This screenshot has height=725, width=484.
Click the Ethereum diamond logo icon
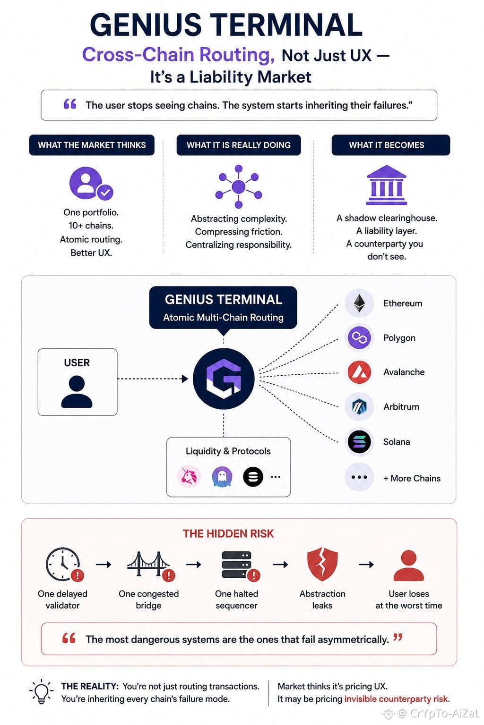click(359, 303)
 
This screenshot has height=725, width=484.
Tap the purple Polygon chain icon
click(359, 337)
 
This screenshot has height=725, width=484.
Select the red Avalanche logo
click(359, 372)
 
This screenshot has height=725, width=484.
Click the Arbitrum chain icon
click(359, 406)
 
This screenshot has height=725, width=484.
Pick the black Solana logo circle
click(359, 441)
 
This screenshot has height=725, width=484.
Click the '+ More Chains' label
click(412, 478)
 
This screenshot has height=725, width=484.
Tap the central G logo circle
click(224, 379)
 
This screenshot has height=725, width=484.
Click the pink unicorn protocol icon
click(189, 476)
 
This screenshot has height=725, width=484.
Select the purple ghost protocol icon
click(222, 477)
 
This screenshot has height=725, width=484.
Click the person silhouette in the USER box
click(77, 391)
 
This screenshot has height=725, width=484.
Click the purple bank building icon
click(387, 185)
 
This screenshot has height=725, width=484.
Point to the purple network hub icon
click(239, 186)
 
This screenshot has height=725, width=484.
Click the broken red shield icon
click(322, 564)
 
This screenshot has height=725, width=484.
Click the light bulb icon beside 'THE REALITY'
click(42, 691)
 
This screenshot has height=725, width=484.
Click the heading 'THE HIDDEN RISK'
click(228, 534)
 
